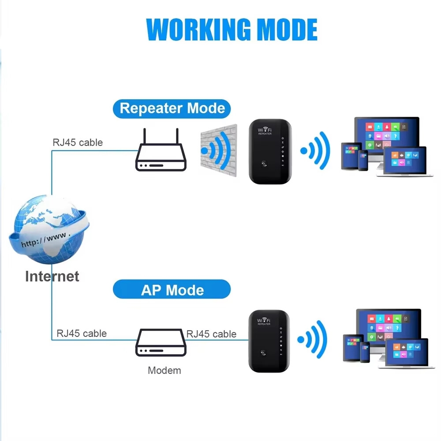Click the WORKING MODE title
pos(232,30)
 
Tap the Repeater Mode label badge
pos(172,108)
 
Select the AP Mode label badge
pos(172,289)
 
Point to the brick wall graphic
pos(219,150)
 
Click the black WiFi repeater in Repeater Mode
pos(270,152)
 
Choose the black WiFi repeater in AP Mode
pos(269,341)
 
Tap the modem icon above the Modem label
pos(161,342)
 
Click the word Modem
pos(164,370)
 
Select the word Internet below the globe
pos(52,276)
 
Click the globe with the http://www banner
pos(49,229)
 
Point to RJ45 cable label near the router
pos(78,142)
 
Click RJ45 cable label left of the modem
pos(82,333)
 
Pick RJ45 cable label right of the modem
pos(211,334)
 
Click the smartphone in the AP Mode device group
pos(365,352)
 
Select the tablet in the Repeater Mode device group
pos(351,156)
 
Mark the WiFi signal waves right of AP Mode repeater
pos(312,340)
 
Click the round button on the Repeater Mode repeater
pos(264,164)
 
